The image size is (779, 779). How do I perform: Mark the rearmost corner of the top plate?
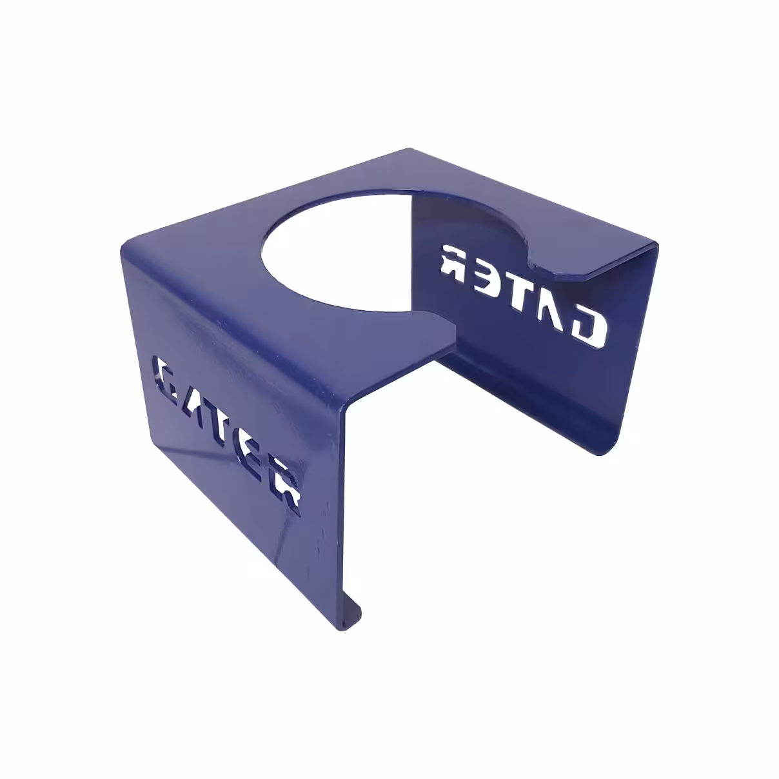(x=410, y=150)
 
